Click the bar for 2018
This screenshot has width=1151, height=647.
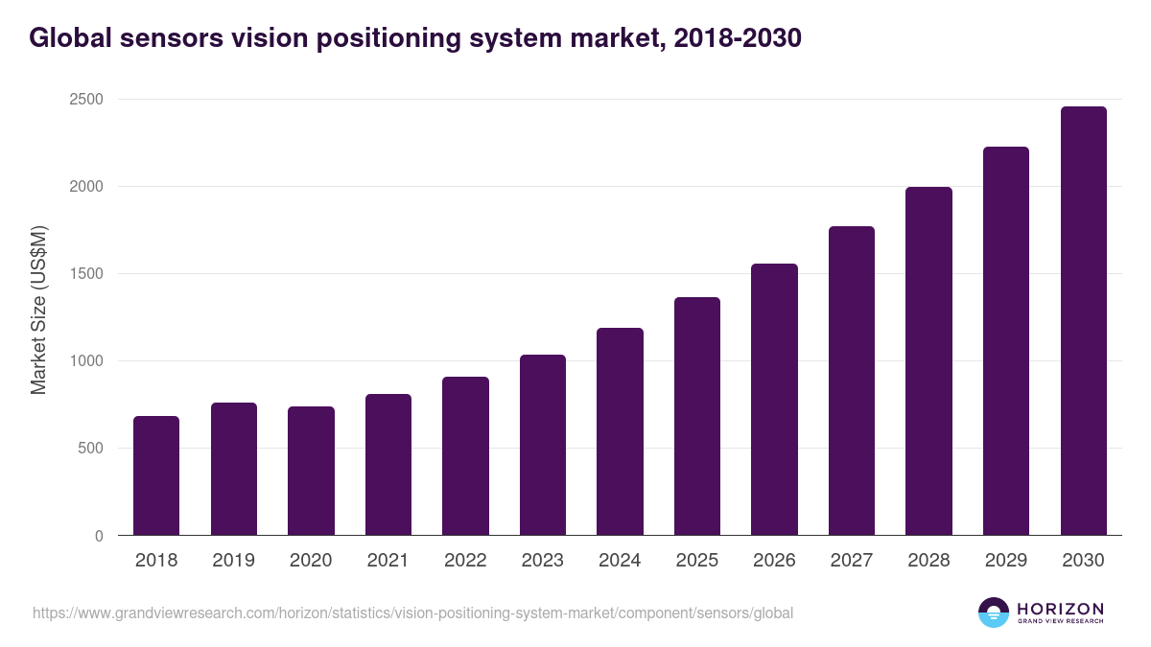(156, 475)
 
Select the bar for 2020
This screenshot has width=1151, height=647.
(311, 471)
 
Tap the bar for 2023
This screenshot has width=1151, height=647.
(543, 445)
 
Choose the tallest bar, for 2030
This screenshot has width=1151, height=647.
(1083, 321)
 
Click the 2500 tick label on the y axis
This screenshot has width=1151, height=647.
(85, 100)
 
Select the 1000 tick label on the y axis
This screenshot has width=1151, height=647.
(85, 361)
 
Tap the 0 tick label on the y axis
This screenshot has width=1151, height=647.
(100, 536)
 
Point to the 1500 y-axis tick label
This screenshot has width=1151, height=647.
(85, 274)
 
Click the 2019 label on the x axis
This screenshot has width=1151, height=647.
(234, 561)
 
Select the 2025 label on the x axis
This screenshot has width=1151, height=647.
(697, 561)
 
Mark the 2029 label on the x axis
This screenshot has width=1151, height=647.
(1006, 561)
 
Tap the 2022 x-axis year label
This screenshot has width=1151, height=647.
(465, 561)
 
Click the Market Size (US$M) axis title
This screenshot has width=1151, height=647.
(38, 309)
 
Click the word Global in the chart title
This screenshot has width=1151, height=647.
(69, 38)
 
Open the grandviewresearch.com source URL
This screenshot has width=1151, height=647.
(412, 612)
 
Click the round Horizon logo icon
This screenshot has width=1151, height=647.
(993, 612)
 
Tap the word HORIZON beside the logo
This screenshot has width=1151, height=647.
(1060, 608)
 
